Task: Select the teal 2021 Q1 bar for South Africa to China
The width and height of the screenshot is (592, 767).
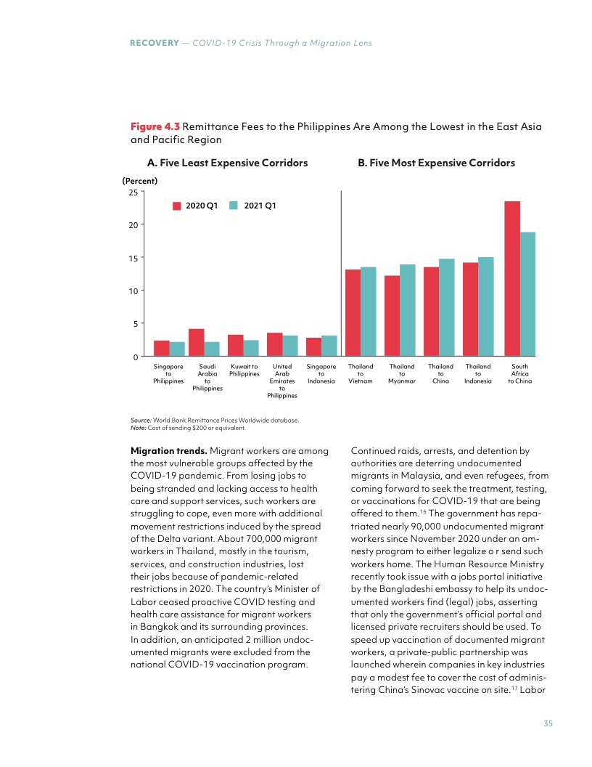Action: (x=527, y=294)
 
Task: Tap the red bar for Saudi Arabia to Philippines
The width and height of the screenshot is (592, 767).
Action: (x=196, y=342)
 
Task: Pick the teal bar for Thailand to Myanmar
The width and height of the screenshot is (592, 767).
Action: (x=408, y=310)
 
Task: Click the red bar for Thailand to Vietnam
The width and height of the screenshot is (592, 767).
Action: (x=353, y=312)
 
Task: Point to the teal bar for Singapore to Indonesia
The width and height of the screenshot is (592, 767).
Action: (x=329, y=346)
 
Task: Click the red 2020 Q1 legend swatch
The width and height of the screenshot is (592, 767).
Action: (x=176, y=206)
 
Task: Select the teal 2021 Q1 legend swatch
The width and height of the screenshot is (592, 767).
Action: (x=234, y=206)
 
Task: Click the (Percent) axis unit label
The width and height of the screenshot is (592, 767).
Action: (x=139, y=179)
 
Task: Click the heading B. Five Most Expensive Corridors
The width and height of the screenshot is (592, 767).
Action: (x=437, y=163)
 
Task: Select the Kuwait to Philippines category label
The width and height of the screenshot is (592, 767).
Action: (x=244, y=370)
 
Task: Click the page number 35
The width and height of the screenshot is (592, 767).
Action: (x=546, y=723)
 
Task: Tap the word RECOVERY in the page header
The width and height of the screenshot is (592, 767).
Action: (x=155, y=43)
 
